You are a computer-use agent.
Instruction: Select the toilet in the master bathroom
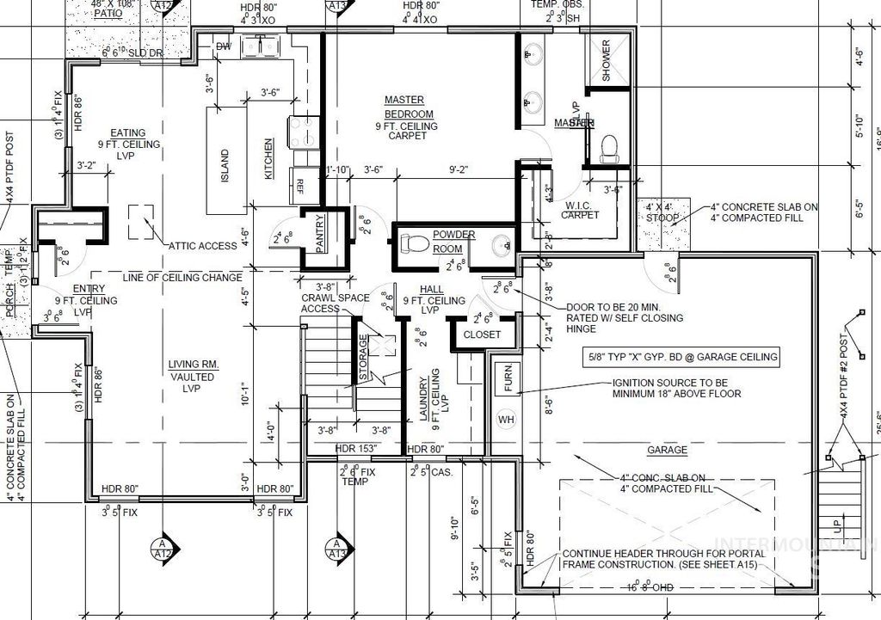(610, 147)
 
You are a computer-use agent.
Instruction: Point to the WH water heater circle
(505, 420)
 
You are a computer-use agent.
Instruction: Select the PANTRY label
(320, 233)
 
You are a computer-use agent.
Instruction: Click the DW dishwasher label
(223, 46)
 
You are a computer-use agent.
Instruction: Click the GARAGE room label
(667, 450)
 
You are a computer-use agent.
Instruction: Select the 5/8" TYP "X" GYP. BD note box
(680, 357)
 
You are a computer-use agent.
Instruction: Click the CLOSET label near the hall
(482, 335)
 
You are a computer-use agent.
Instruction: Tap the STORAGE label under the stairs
(363, 359)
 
